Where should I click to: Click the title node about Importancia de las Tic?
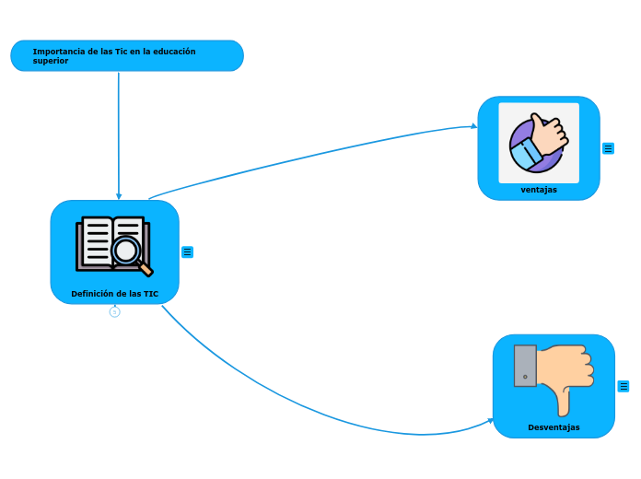(126, 55)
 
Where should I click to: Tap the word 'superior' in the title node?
(50, 61)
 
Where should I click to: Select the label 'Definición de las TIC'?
(114, 294)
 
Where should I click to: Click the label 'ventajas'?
(539, 190)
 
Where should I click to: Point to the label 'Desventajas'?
(554, 427)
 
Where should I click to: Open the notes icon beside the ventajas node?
(608, 148)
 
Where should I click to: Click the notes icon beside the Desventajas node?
(624, 386)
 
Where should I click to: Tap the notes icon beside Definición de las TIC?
(187, 251)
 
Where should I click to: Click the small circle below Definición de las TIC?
(114, 312)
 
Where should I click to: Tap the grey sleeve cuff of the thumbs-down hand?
(525, 366)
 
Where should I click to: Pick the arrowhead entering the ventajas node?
(473, 127)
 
